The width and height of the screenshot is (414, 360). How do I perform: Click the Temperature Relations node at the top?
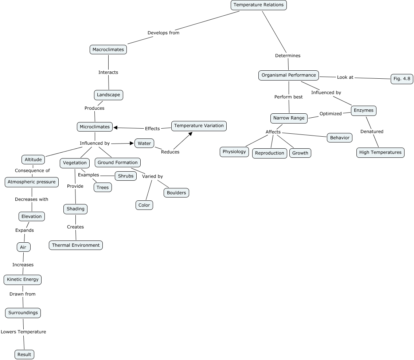pyautogui.click(x=259, y=5)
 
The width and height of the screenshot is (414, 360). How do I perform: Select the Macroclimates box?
pyautogui.click(x=108, y=50)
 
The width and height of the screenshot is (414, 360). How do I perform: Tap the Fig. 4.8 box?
pyautogui.click(x=402, y=79)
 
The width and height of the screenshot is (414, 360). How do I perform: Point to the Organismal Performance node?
pyautogui.click(x=289, y=75)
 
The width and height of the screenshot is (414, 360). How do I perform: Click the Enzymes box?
pyautogui.click(x=363, y=110)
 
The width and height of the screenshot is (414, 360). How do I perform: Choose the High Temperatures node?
pyautogui.click(x=380, y=153)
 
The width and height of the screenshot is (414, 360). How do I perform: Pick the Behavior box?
pyautogui.click(x=340, y=138)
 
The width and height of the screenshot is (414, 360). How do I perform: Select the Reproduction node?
pyautogui.click(x=269, y=153)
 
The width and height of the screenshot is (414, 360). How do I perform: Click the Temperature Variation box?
pyautogui.click(x=199, y=126)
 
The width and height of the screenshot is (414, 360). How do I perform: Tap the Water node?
pyautogui.click(x=144, y=143)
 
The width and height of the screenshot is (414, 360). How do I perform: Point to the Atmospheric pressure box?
pyautogui.click(x=32, y=182)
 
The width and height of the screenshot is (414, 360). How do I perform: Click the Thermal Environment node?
pyautogui.click(x=76, y=245)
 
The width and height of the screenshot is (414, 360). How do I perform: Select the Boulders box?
pyautogui.click(x=176, y=193)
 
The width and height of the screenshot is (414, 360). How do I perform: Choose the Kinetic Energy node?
pyautogui.click(x=23, y=280)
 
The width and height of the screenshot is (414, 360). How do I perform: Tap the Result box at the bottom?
pyautogui.click(x=24, y=355)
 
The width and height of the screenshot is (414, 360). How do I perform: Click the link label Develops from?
pyautogui.click(x=163, y=33)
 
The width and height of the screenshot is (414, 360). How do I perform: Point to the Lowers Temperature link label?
pyautogui.click(x=23, y=332)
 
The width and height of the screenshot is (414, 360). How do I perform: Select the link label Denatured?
pyautogui.click(x=372, y=132)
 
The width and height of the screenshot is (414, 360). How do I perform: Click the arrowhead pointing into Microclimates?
pyautogui.click(x=116, y=128)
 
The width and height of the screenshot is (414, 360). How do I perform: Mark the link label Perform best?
pyautogui.click(x=288, y=97)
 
